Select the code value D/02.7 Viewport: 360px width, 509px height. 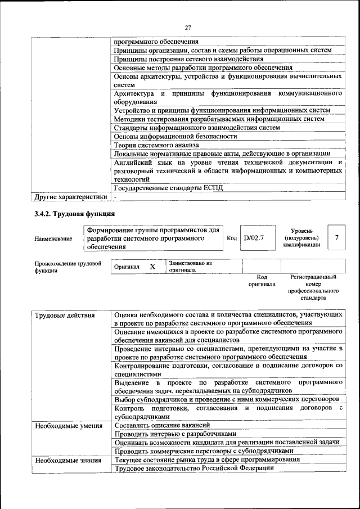pos(254,238)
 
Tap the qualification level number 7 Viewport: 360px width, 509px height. pos(336,238)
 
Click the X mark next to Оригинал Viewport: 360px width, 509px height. pos(152,267)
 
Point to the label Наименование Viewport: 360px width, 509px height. pos(53,238)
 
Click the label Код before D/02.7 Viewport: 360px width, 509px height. pos(231,238)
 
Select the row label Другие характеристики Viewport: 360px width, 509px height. pos(70,197)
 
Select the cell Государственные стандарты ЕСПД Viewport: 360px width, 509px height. pos(168,188)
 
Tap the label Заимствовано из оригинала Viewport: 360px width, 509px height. pos(190,267)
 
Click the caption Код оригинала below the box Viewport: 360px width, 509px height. pos(262,281)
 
